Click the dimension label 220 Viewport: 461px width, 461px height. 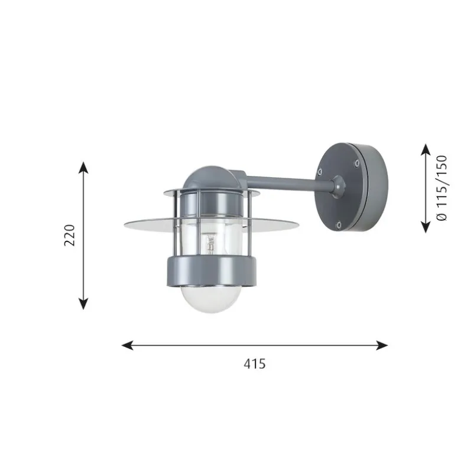click(x=70, y=235)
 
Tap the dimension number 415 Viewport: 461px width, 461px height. click(x=255, y=364)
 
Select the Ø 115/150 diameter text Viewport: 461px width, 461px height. click(x=442, y=188)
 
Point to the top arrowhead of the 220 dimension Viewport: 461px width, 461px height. click(x=83, y=168)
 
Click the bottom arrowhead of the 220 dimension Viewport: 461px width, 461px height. click(x=83, y=303)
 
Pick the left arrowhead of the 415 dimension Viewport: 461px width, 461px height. click(x=128, y=345)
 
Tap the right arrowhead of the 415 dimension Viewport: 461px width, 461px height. click(x=382, y=345)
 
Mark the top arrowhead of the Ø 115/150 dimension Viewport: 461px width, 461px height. click(x=426, y=150)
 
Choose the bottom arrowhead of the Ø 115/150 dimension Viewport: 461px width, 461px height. click(x=426, y=227)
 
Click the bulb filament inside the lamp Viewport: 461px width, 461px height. click(x=210, y=243)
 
